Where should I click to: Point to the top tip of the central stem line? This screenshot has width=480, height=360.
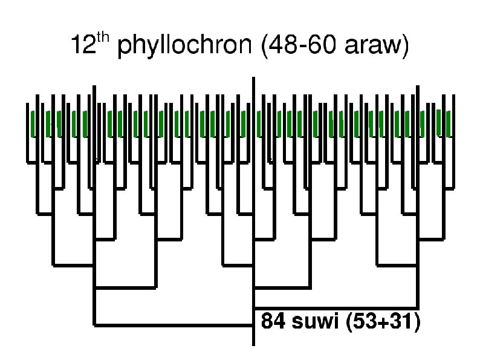(253, 79)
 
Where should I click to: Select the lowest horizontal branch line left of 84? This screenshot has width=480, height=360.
(173, 326)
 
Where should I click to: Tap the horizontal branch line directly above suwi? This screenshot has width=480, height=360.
(336, 308)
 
